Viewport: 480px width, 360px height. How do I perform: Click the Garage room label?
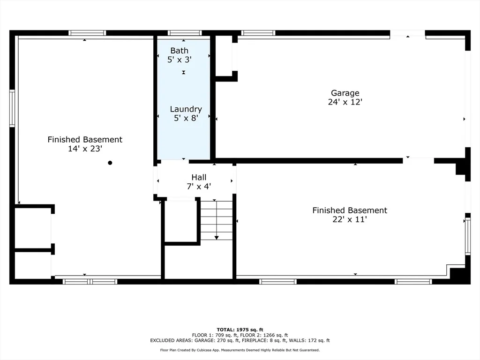[x=345, y=93]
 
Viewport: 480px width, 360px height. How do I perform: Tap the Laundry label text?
[x=186, y=109]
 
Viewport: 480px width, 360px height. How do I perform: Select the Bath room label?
[x=180, y=51]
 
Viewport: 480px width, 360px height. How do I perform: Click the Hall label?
[x=199, y=177]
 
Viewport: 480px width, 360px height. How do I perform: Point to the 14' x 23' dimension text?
[x=85, y=149]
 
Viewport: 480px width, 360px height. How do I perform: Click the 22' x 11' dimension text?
[x=350, y=219]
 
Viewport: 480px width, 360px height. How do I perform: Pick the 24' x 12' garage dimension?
[x=345, y=102]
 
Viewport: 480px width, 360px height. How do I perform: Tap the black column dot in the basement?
[x=110, y=163]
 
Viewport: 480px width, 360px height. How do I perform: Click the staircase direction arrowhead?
[x=217, y=238]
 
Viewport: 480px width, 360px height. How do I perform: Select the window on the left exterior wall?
[x=12, y=108]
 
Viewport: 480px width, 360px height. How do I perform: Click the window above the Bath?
[x=185, y=33]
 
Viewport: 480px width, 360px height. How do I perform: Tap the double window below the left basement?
[x=90, y=282]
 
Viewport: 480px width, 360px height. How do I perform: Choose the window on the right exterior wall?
[x=468, y=236]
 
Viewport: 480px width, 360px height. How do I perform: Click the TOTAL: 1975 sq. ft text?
[x=240, y=330]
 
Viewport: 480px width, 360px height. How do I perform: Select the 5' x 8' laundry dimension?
[x=186, y=118]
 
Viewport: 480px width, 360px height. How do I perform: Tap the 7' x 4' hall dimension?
[x=199, y=187]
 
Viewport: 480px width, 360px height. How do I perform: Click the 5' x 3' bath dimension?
[x=180, y=60]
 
